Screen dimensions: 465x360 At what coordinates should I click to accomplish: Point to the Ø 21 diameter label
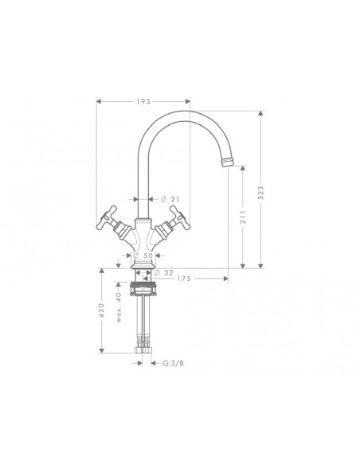[x=179, y=198]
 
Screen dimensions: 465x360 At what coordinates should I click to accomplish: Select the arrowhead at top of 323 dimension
[x=260, y=112]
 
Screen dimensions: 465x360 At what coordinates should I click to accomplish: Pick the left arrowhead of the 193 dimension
[x=99, y=102]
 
